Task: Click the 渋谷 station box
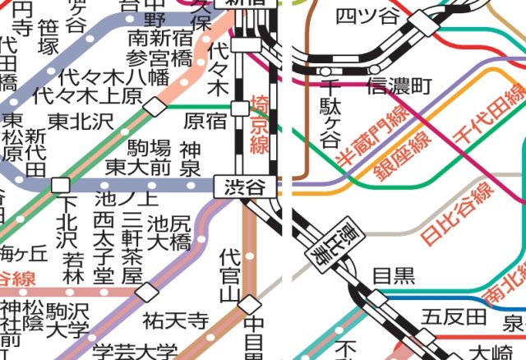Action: click(245, 187)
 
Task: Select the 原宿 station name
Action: click(205, 121)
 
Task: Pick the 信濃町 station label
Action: click(399, 85)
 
